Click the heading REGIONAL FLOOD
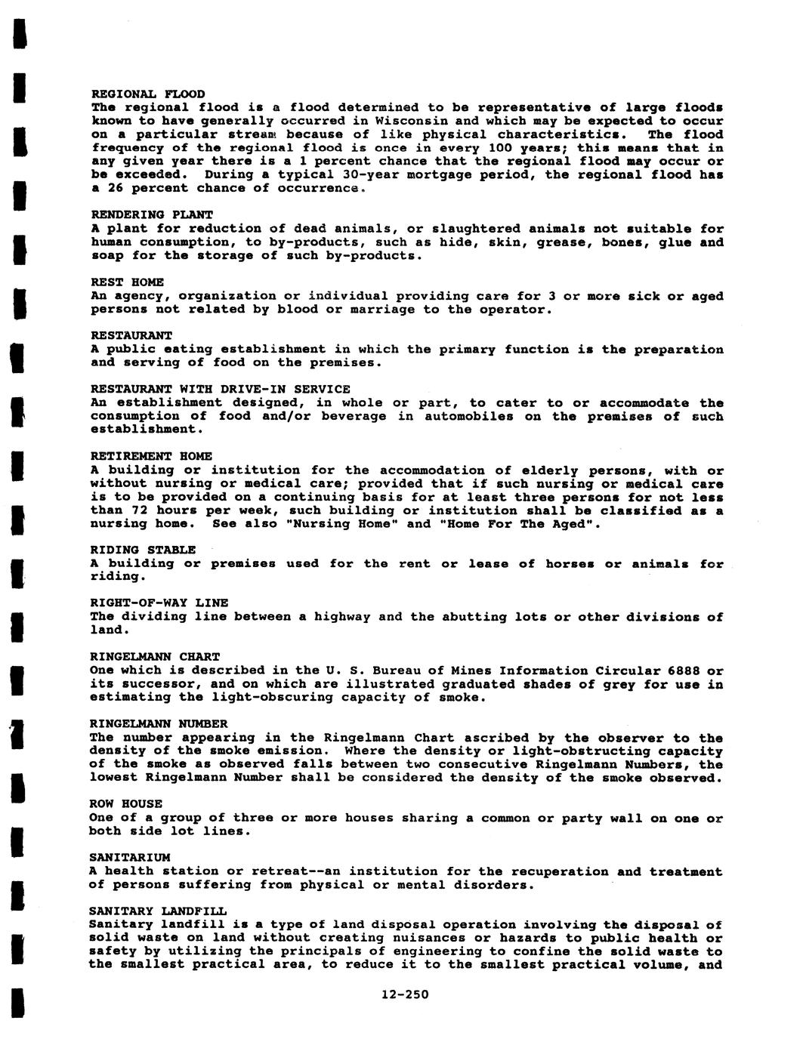click(147, 94)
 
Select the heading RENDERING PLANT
click(152, 215)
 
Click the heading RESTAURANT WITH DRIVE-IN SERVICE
click(220, 390)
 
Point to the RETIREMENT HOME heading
click(151, 457)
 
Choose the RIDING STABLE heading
click(143, 550)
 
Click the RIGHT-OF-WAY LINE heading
click(159, 603)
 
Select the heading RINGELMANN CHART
click(155, 657)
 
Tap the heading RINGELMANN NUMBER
click(159, 724)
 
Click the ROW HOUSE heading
click(125, 804)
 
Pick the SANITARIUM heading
click(129, 858)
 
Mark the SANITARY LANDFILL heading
click(157, 911)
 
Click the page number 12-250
click(405, 994)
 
